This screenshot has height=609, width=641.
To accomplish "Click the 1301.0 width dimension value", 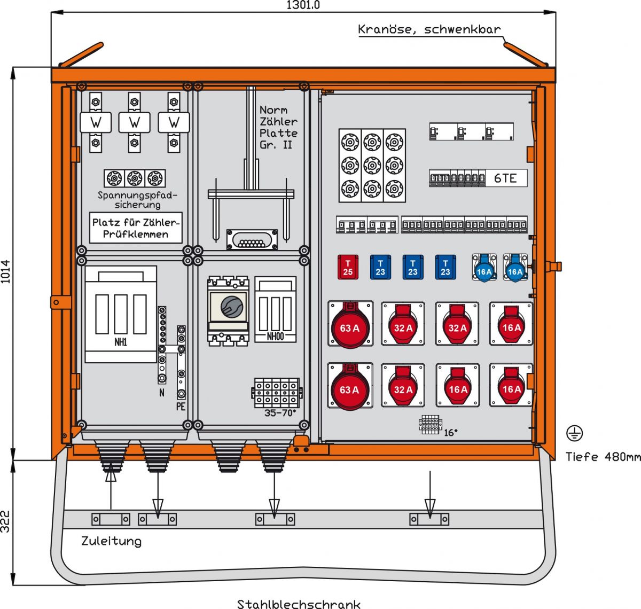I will point(303,5).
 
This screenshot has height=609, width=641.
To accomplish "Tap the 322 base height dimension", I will point(6,521).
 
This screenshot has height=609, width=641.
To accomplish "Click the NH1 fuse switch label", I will point(121,342).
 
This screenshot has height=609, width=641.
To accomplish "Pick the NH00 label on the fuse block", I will point(276,337).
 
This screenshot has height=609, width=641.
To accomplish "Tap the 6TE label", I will point(505,178).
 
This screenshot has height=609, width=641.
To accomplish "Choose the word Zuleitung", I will point(111,541).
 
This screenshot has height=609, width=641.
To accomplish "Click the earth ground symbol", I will point(574,434).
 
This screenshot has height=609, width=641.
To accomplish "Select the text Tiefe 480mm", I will point(603,457).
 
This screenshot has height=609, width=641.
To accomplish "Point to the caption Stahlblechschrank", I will point(299,604).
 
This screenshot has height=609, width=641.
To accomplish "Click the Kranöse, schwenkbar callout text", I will point(429,29).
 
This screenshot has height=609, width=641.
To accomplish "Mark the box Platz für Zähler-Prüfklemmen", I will point(136,228).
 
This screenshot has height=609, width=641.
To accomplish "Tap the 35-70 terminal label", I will point(280,413).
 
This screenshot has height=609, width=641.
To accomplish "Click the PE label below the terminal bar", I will point(181,407).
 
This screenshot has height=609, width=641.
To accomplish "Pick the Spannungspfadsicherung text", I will point(137,200).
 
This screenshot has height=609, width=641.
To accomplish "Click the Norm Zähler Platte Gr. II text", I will point(278,127).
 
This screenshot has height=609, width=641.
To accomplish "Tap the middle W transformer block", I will point(135,122).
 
